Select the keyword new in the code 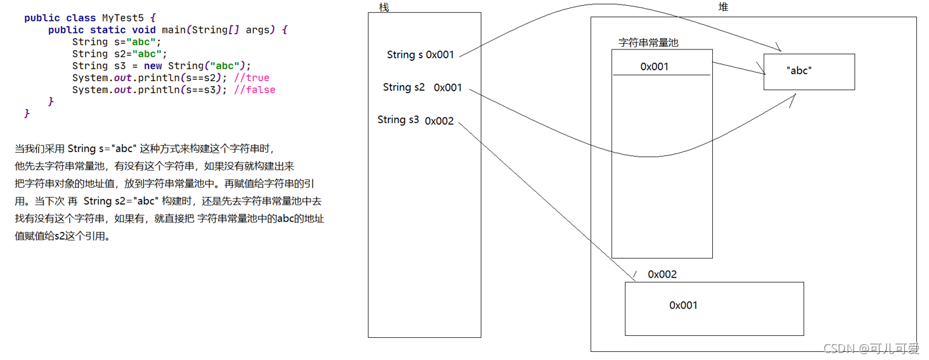coord(153,66)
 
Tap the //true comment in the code coord(252,78)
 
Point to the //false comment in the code coord(255,90)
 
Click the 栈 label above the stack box coord(383,7)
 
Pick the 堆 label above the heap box coord(723,7)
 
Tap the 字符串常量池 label coord(648,43)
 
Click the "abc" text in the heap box coord(798,71)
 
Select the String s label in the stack coord(405,55)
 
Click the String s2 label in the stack coord(404,87)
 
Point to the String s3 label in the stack coord(398,120)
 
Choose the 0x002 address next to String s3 coord(439,121)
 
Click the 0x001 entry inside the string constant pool coord(654,67)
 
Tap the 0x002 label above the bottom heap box coord(662,274)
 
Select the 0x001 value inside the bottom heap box coord(683,305)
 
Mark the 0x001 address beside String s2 coord(448,88)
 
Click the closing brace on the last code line coord(27,113)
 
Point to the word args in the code coord(258,30)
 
